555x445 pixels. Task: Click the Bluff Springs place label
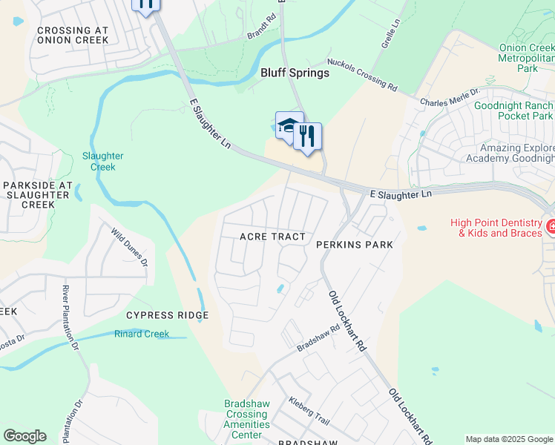click(295, 73)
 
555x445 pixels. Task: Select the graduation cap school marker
click(288, 125)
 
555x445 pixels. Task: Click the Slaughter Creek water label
click(103, 162)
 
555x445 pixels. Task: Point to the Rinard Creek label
click(142, 334)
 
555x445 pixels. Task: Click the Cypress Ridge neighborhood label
click(167, 315)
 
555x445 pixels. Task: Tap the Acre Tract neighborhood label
click(272, 237)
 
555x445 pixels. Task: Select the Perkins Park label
click(354, 244)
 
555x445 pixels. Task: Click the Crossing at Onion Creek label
click(73, 35)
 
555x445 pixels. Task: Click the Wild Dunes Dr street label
click(130, 247)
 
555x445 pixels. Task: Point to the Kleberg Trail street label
click(309, 409)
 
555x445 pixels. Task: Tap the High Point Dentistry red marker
click(551, 226)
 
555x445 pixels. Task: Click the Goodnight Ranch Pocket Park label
click(514, 111)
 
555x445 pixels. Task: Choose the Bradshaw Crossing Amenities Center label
click(247, 419)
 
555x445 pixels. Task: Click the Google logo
click(24, 436)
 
